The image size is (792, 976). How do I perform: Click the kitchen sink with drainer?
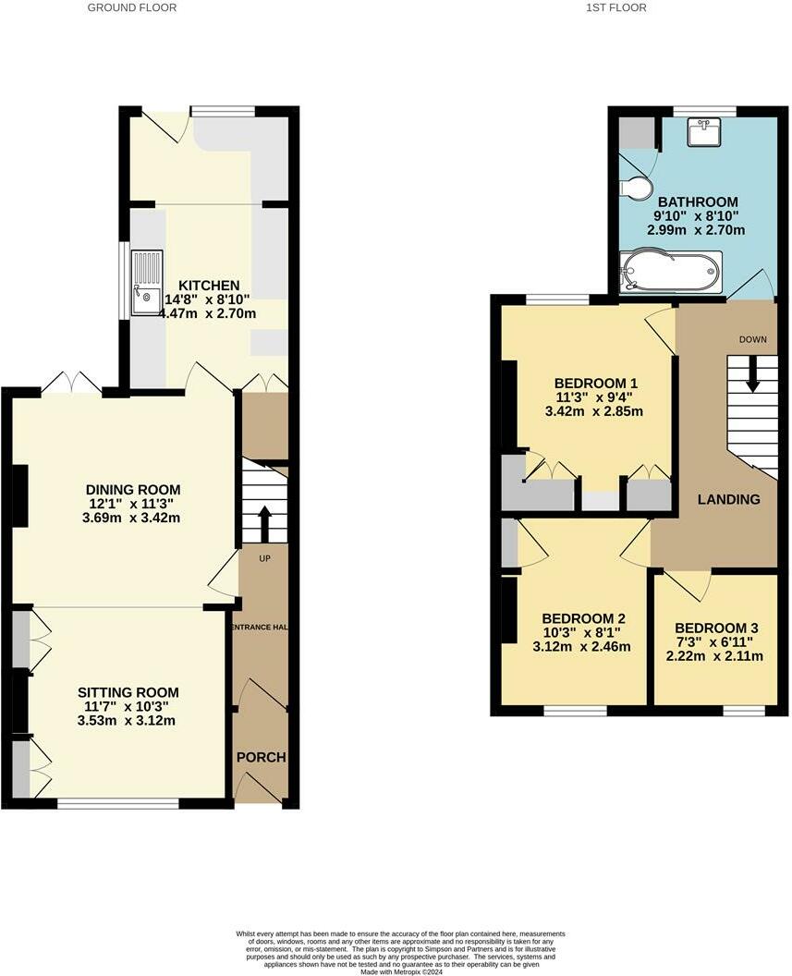point(146,282)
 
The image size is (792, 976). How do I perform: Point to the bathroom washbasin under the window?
point(705,134)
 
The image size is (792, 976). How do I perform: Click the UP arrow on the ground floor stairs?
point(264,521)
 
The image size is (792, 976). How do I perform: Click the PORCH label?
point(261,757)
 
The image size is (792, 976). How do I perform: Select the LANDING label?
point(728,499)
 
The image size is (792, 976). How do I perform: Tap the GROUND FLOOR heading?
point(132,7)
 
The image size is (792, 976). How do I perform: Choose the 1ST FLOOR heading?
point(615,7)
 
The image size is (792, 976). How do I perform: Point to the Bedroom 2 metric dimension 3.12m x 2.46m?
point(582,647)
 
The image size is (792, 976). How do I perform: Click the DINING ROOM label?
point(133,490)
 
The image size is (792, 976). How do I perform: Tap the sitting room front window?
point(118,803)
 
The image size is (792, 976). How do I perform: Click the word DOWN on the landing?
point(752,339)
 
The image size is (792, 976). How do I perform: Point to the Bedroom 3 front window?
point(743,710)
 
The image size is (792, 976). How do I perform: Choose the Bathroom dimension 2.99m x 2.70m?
point(697,230)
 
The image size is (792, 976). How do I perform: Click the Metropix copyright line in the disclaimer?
point(396,970)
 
